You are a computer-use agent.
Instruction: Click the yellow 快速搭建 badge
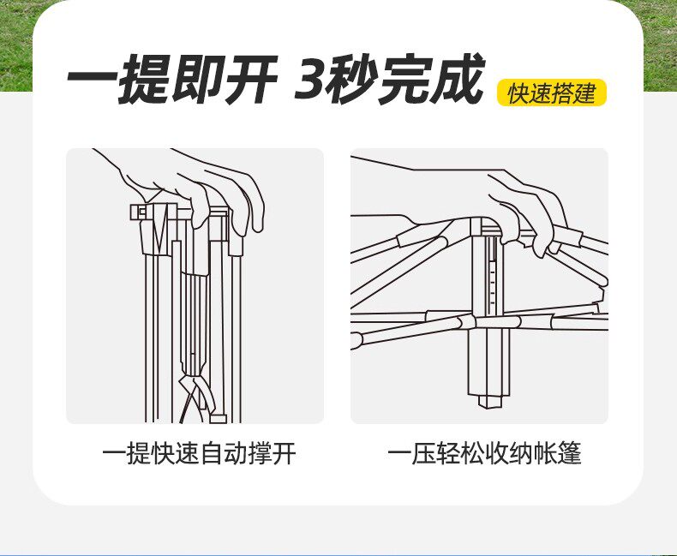[x=551, y=93]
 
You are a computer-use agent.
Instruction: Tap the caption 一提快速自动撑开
[x=199, y=453]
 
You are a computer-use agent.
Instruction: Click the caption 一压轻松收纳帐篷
[x=484, y=453]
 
